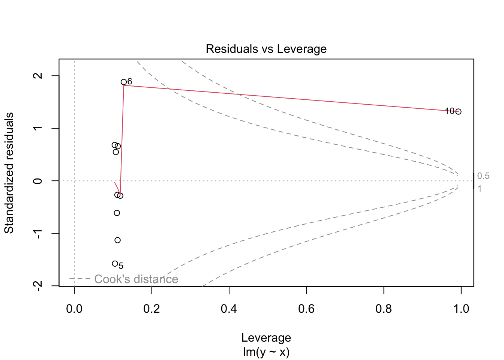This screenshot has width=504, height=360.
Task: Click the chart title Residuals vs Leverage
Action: tap(266, 49)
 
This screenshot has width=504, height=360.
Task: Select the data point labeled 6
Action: tap(124, 82)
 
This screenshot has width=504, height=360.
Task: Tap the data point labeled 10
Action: tap(458, 111)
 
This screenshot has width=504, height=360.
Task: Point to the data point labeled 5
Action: tap(115, 264)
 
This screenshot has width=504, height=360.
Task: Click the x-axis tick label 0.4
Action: tap(229, 309)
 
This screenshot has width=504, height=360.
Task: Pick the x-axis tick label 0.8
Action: tap(384, 309)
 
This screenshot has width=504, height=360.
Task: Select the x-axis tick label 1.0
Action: tap(461, 309)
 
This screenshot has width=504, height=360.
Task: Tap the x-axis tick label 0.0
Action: tap(74, 309)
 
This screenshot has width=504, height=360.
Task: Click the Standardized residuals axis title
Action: tap(9, 173)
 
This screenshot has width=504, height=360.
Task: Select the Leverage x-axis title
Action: tap(266, 337)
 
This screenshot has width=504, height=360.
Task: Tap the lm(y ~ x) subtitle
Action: tap(266, 352)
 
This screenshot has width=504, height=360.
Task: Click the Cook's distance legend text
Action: tap(136, 279)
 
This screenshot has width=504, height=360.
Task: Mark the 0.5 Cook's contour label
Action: tap(483, 176)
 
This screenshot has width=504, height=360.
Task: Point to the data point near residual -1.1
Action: tap(117, 240)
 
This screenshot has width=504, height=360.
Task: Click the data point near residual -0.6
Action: tap(117, 213)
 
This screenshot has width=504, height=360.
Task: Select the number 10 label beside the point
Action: tap(450, 111)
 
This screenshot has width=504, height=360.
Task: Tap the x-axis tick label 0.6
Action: tap(306, 309)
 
